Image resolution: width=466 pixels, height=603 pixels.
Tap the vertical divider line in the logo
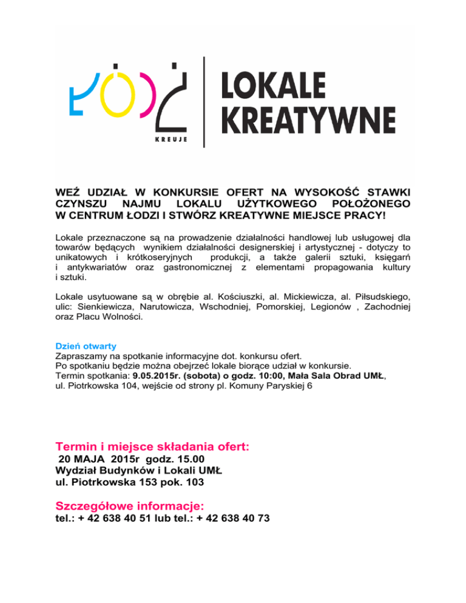pyautogui.click(x=204, y=101)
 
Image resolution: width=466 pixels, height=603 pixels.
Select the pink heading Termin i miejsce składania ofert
pyautogui.click(x=152, y=446)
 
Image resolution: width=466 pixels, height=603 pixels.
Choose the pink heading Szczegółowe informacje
pyautogui.click(x=129, y=505)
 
